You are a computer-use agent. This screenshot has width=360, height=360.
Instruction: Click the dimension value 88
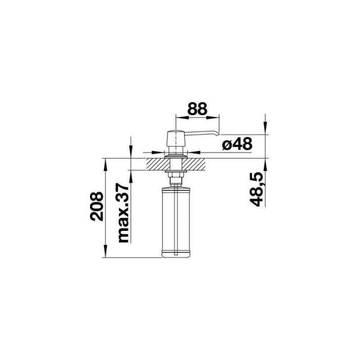pyautogui.click(x=197, y=109)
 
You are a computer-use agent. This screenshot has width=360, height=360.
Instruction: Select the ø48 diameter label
pyautogui.click(x=238, y=144)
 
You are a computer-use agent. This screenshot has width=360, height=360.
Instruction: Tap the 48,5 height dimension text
pyautogui.click(x=256, y=189)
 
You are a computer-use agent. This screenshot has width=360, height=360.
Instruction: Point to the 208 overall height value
pyautogui.click(x=97, y=206)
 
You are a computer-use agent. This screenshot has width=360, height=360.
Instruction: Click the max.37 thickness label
pyautogui.click(x=123, y=213)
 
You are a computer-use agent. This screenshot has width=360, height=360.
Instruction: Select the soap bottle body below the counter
pyautogui.click(x=176, y=222)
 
